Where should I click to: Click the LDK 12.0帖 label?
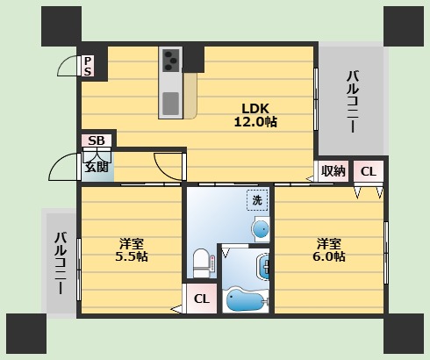[x=255, y=115]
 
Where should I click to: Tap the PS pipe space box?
[x=88, y=66]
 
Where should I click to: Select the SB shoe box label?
[x=97, y=140]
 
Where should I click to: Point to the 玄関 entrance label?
[x=97, y=167]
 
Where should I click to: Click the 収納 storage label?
[x=333, y=171]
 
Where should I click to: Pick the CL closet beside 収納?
[x=369, y=171]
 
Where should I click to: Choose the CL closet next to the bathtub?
[x=202, y=299]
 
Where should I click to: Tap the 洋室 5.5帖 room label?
[x=132, y=249]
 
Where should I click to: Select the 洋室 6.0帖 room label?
[x=329, y=249]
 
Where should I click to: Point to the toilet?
[x=201, y=263]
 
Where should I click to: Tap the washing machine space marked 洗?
[x=257, y=200]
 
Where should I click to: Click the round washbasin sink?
[x=261, y=229]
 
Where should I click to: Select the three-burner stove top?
[x=170, y=60]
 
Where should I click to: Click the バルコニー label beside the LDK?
[x=353, y=101]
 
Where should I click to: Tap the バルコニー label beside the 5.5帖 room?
[x=61, y=263]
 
